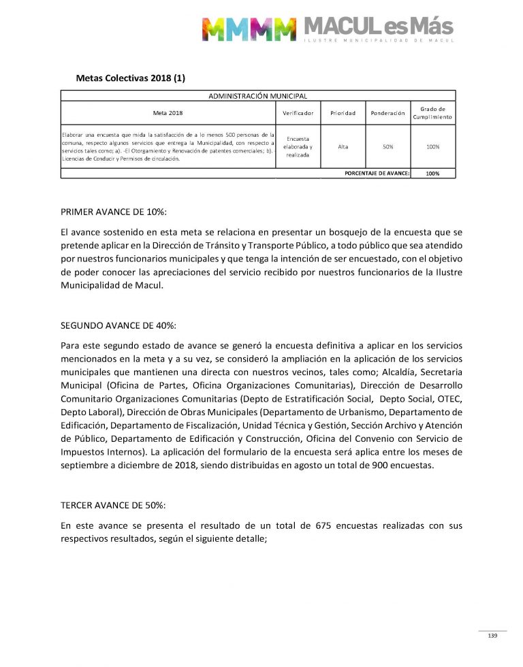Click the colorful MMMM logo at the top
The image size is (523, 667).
249,29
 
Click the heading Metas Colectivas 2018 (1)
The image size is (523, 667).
130,78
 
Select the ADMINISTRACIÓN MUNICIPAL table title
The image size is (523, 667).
257,96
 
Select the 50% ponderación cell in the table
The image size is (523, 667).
387,146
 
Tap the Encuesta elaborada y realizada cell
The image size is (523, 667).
298,146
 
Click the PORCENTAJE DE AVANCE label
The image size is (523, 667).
377,174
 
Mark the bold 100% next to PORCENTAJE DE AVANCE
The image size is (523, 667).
432,174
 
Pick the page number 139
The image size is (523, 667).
492,636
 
